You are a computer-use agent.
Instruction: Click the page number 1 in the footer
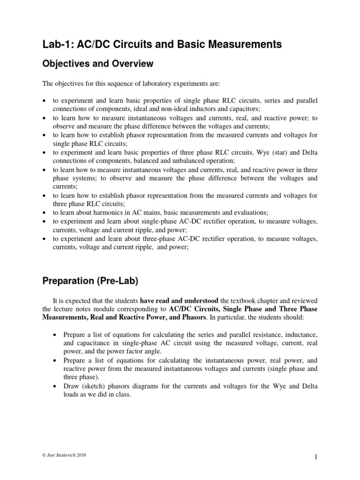coord(315,456)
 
